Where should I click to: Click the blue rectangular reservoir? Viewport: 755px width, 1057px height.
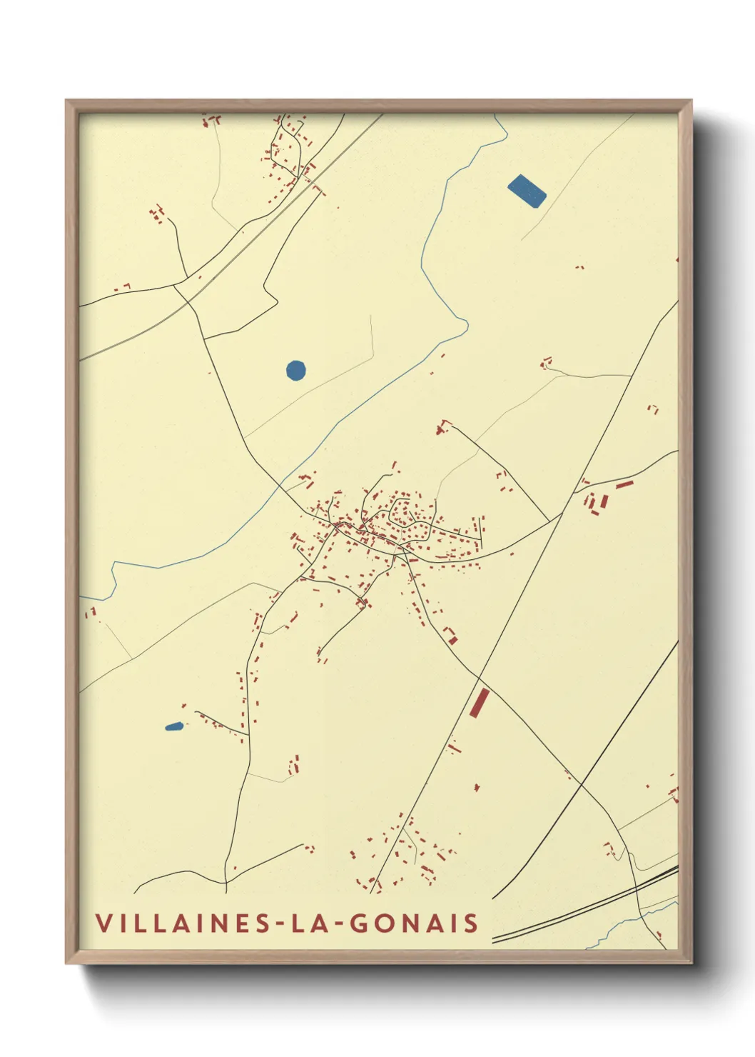(527, 191)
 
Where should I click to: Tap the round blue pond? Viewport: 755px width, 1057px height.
(295, 370)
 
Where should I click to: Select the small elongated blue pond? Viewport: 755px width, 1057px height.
(173, 727)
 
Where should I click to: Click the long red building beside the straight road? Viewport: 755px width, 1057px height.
(478, 703)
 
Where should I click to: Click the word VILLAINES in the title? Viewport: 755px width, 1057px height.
(183, 923)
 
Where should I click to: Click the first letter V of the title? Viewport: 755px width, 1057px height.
(103, 923)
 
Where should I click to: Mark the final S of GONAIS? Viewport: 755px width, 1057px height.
(471, 923)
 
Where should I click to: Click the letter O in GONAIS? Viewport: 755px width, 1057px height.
(383, 923)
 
